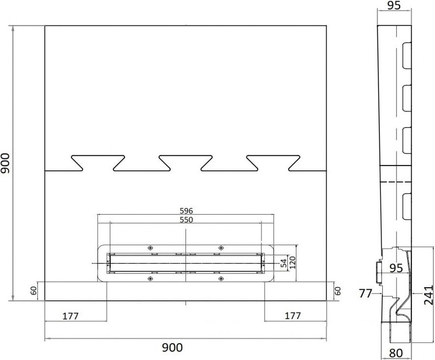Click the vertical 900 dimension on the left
[x=5, y=163]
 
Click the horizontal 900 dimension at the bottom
[x=172, y=347]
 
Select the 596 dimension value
[x=186, y=211]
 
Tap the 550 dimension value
[x=186, y=220]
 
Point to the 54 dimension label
[x=283, y=263]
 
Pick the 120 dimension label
[x=293, y=262]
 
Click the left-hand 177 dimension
[x=70, y=316]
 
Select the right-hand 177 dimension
[x=293, y=316]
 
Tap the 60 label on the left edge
[x=33, y=291]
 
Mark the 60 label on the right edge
[x=338, y=291]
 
